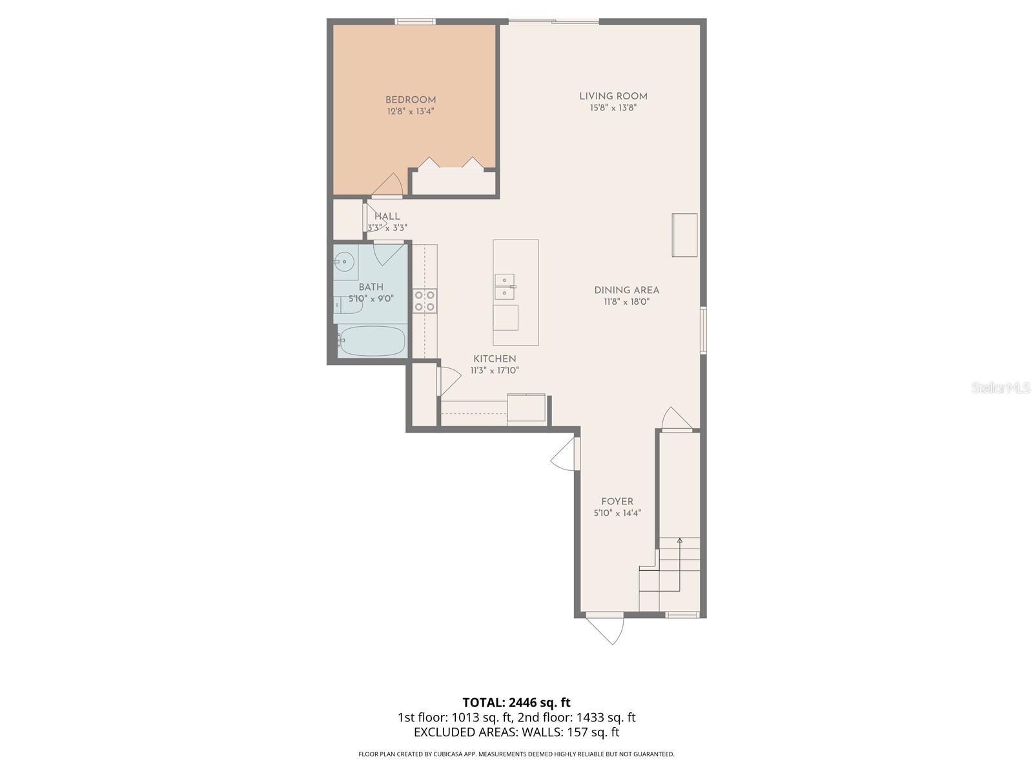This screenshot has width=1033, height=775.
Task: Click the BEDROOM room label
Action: [411, 99]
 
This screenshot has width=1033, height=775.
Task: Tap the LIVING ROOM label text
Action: [613, 96]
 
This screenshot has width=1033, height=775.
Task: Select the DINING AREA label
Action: [626, 290]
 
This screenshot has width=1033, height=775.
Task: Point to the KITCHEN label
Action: [495, 358]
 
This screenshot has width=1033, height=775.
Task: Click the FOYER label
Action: [617, 501]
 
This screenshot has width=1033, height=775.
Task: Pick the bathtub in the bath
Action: [372, 341]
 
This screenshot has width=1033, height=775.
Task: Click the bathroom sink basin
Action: [345, 262]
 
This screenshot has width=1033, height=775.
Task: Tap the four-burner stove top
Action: [425, 301]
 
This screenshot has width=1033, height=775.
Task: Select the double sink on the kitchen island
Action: [504, 287]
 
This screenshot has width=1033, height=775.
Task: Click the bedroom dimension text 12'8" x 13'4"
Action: [411, 112]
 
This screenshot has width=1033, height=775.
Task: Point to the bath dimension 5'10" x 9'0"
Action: [371, 299]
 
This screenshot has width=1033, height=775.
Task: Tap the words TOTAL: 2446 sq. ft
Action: [516, 703]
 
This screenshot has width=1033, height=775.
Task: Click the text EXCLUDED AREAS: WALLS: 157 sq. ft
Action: [516, 732]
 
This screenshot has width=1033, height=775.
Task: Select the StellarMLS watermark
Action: [1001, 388]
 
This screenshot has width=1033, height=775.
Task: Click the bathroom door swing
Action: [390, 253]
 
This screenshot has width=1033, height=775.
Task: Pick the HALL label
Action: [387, 216]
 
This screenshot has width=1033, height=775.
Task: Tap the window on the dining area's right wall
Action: [704, 331]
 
